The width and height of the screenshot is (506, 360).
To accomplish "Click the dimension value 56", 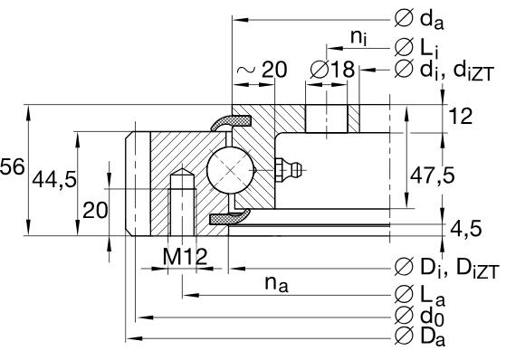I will [12, 167].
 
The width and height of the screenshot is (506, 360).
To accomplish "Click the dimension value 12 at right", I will [462, 115].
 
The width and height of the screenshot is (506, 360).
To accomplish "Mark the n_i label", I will [358, 36].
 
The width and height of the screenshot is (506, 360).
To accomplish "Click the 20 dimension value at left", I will [95, 210].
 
